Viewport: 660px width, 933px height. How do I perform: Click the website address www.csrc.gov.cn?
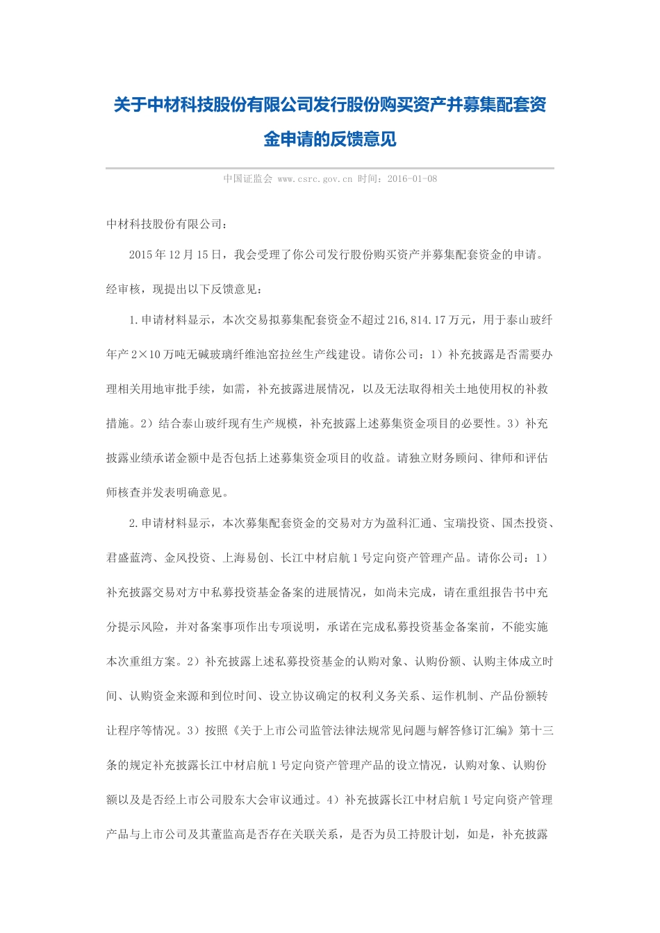pos(315,179)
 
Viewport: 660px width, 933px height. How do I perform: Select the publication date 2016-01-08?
pos(412,179)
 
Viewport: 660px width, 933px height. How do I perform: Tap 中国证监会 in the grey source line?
pos(247,179)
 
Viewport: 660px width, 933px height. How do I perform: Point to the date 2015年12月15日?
pos(169,255)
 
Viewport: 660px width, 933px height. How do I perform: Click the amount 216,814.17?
pos(417,320)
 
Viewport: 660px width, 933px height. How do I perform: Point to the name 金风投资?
pos(188,558)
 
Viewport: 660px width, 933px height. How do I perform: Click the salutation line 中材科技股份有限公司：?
pos(167,224)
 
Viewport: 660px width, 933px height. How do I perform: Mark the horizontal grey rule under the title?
pos(330,168)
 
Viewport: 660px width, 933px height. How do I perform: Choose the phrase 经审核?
pos(123,289)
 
